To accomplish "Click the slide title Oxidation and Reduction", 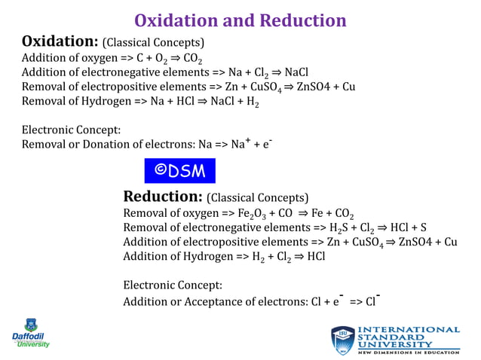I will click(240, 20).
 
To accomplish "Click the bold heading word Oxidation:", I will click(60, 41).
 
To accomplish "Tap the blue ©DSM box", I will click(179, 170).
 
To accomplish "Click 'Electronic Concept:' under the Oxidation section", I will click(71, 130).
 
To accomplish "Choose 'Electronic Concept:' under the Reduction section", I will click(172, 285).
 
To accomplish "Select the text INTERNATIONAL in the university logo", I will click(408, 329).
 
